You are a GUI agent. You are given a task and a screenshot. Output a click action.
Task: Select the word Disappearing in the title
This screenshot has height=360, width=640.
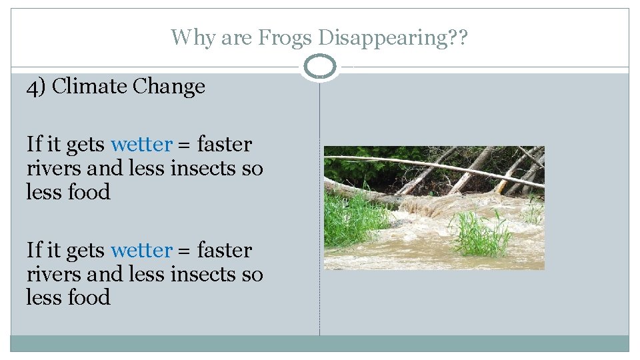[382, 37]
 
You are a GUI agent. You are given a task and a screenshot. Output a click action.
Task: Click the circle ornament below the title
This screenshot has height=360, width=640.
[320, 67]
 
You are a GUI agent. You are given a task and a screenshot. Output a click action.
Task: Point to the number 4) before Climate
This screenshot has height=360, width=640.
[37, 87]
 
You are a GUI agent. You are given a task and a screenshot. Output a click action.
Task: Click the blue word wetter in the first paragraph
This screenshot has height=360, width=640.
[141, 145]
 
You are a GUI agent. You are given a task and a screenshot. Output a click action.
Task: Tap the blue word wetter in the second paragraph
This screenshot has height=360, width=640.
[141, 251]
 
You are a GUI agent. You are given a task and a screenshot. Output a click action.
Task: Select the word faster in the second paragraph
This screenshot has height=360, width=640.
[225, 251]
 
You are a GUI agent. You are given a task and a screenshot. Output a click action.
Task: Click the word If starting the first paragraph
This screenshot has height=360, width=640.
[33, 145]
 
